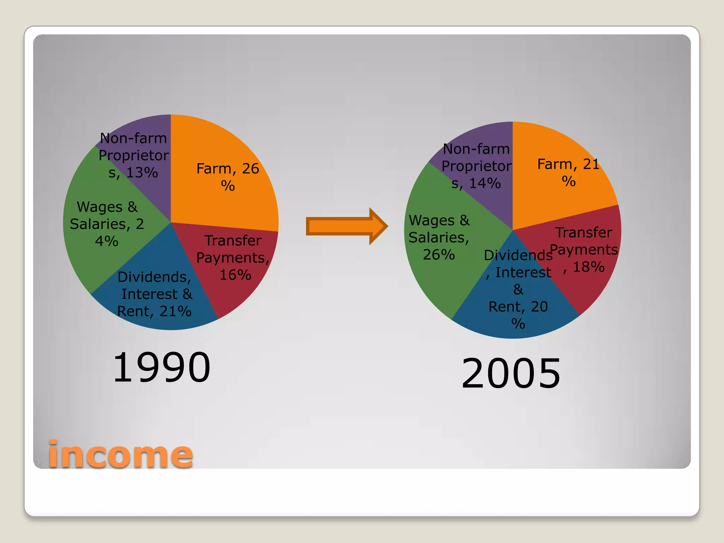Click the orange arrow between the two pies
coord(346,226)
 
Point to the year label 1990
coord(162,368)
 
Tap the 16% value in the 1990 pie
coord(235,275)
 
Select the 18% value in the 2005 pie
coord(589,267)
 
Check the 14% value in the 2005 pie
coord(485,183)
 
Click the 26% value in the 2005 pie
coord(439,255)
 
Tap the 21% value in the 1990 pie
coord(175,311)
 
